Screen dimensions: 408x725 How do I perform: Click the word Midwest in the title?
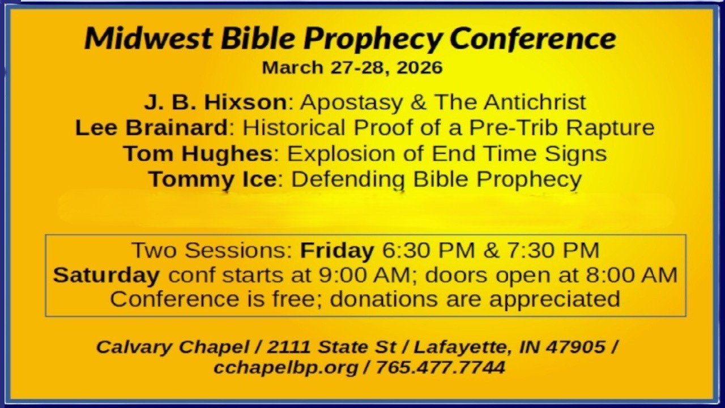coord(148,39)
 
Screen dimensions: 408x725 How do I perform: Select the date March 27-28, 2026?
coord(352,67)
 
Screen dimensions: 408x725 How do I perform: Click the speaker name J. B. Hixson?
coord(215,103)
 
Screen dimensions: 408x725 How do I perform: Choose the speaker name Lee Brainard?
coord(151,128)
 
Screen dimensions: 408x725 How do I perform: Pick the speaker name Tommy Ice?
coord(212,179)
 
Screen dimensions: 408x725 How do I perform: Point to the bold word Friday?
coord(337,250)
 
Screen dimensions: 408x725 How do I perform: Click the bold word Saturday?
coord(106,275)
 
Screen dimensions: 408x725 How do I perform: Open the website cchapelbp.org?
coord(285,367)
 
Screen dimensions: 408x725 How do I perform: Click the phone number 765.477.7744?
coord(440,367)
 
